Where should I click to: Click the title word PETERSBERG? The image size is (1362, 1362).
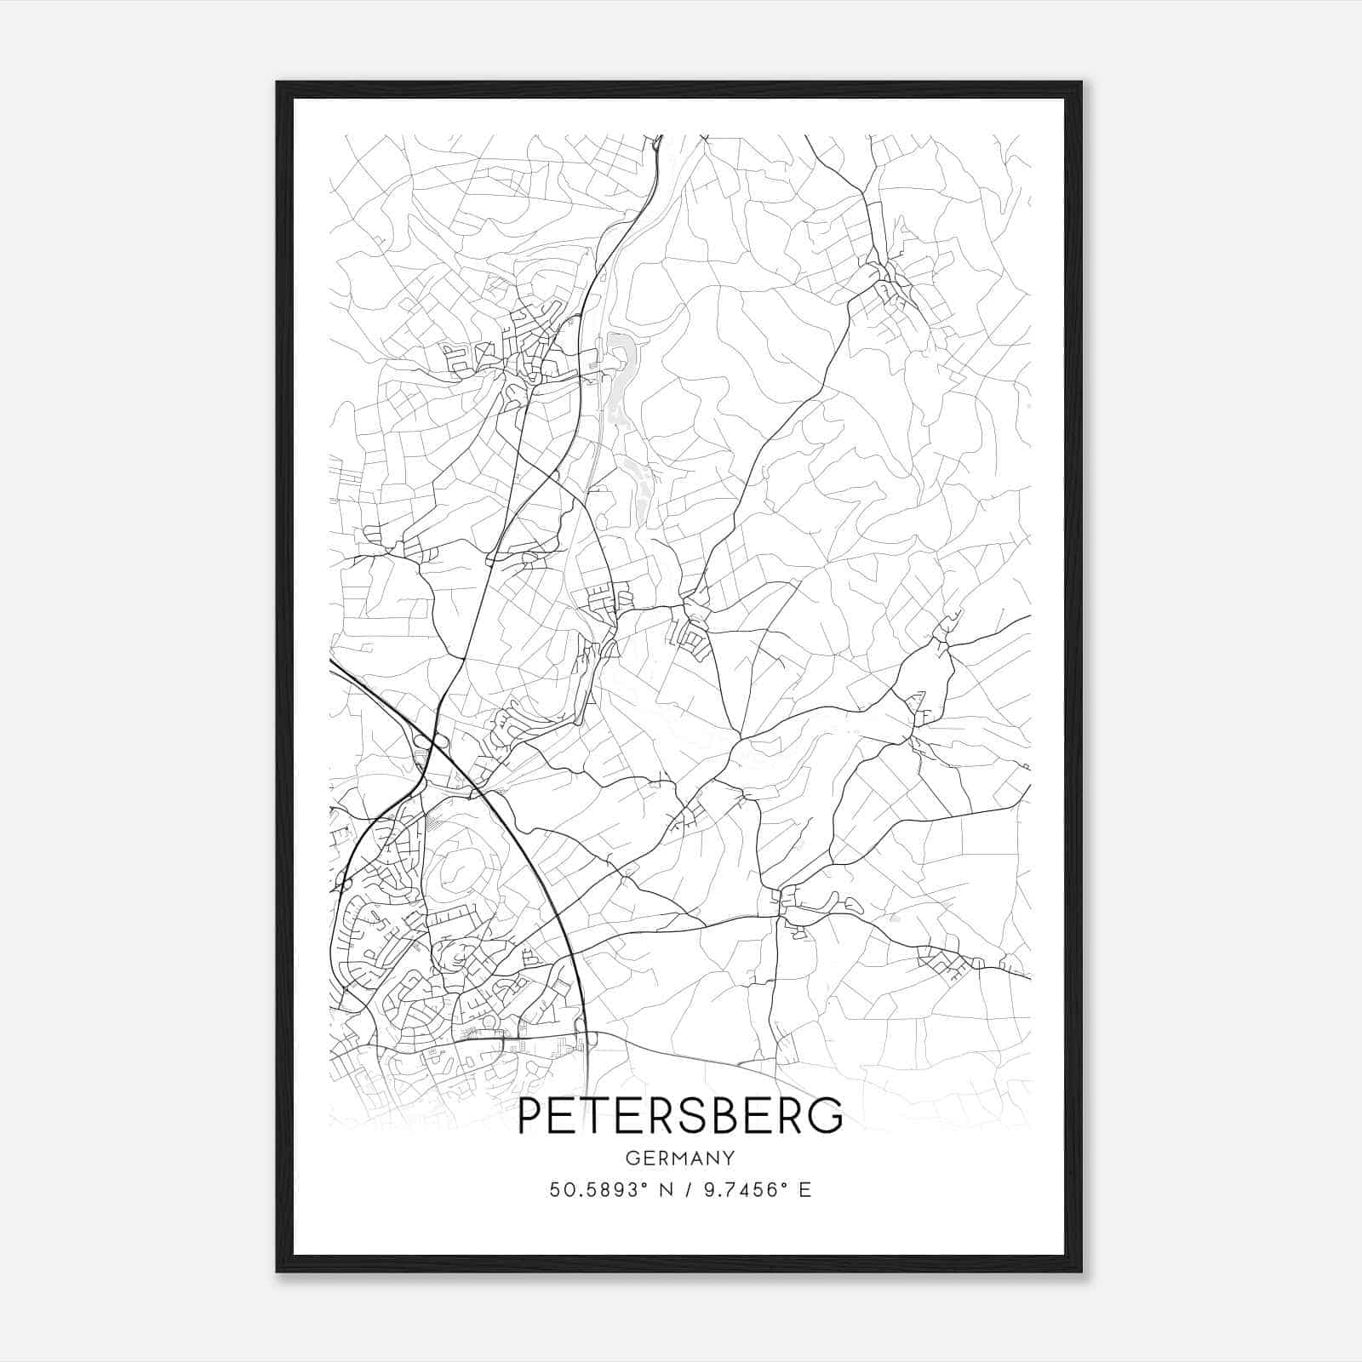(x=680, y=1116)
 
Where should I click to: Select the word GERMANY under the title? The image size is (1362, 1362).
(x=680, y=1158)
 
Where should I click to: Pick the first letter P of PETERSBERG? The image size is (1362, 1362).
(x=530, y=1116)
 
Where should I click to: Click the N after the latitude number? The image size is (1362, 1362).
(x=667, y=1189)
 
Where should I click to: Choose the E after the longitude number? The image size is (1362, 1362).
(x=804, y=1189)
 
